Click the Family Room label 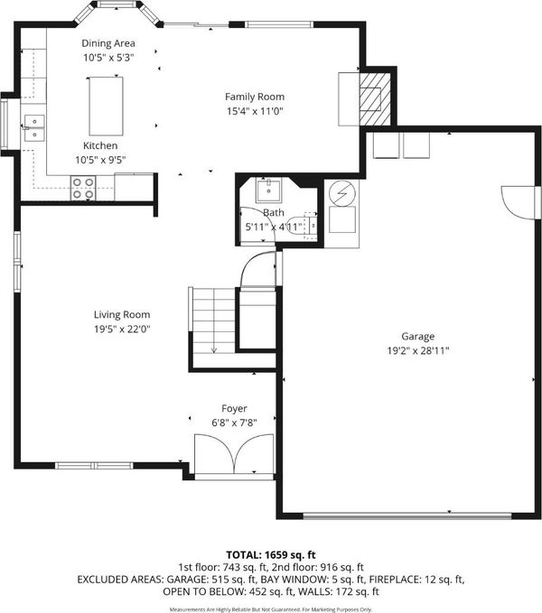(255, 97)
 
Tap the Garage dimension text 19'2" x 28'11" (418, 350)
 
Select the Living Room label (122, 315)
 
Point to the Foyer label (234, 409)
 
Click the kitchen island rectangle (106, 106)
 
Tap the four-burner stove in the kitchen (83, 188)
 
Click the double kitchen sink (34, 128)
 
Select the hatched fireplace (375, 99)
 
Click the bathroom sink (268, 190)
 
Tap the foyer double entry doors (234, 453)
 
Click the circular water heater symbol (342, 192)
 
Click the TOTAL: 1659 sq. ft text (271, 554)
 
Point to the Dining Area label (108, 43)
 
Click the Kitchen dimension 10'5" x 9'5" (100, 160)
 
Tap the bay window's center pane (117, 5)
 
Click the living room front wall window (94, 465)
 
